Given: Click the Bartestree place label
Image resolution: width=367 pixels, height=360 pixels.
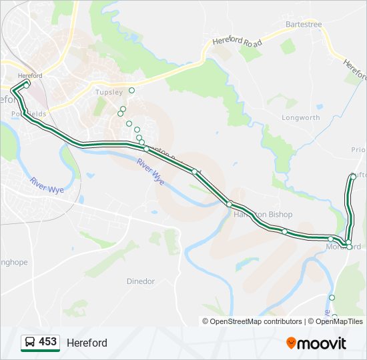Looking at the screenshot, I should (x=304, y=25).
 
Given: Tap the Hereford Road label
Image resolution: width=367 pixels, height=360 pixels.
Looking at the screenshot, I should (x=237, y=41).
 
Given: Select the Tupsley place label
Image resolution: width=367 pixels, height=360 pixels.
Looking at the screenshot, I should (x=109, y=92).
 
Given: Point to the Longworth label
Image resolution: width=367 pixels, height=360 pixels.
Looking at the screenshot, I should (x=300, y=117).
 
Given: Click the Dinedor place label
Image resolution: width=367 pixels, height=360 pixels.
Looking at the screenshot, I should (x=140, y=281).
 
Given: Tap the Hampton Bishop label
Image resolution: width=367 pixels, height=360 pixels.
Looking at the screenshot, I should (x=263, y=214).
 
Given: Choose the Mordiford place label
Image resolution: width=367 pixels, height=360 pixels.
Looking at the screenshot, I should (x=343, y=247).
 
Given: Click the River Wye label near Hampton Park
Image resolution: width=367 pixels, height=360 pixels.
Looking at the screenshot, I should (x=151, y=171).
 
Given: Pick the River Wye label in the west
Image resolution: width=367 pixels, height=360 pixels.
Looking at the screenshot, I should (x=47, y=185).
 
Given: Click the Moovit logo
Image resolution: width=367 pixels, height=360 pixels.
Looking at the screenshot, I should (x=316, y=343).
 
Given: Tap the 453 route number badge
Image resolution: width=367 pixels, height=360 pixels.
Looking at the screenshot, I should (x=47, y=342).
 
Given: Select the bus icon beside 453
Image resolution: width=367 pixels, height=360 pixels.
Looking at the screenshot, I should (x=30, y=343).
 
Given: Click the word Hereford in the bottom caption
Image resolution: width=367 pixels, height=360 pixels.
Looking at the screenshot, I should (x=87, y=343).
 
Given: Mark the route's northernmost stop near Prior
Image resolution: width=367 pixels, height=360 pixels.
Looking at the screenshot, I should (x=353, y=176).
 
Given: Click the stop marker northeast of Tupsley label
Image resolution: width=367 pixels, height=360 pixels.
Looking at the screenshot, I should (x=131, y=90).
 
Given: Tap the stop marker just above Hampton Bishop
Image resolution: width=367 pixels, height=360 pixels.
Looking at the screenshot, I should (x=229, y=204).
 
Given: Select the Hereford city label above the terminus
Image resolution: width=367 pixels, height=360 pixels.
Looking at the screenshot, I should (x=31, y=76).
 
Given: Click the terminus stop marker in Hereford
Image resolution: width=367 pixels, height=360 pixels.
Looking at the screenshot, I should (x=26, y=85).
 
